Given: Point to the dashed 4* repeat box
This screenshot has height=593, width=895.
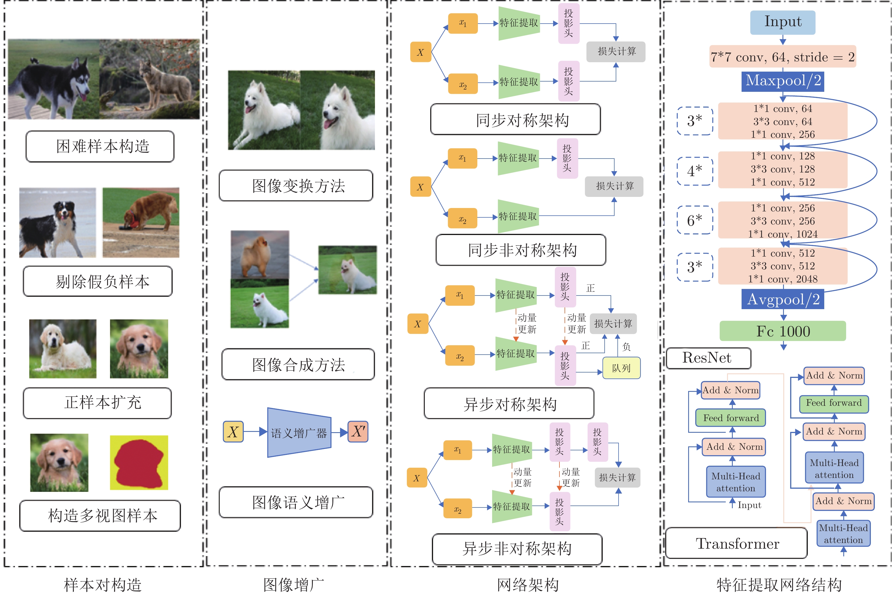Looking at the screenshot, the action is tap(695, 171).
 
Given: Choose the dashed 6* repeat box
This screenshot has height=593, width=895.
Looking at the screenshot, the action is tap(695, 220).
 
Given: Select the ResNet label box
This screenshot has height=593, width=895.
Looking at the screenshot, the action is tap(708, 358).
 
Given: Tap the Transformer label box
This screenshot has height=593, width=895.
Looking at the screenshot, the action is tap(736, 543).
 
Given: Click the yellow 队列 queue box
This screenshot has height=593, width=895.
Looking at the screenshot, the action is tap(621, 368).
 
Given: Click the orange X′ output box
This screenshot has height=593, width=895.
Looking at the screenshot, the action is tap(358, 432).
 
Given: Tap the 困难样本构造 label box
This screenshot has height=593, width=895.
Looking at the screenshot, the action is tap(100, 146).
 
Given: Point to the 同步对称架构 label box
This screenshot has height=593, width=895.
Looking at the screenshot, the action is tap(515, 120).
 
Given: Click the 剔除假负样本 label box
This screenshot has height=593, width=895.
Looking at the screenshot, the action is tap(97, 281).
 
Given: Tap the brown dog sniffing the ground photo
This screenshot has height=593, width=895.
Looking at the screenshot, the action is tap(141, 223).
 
